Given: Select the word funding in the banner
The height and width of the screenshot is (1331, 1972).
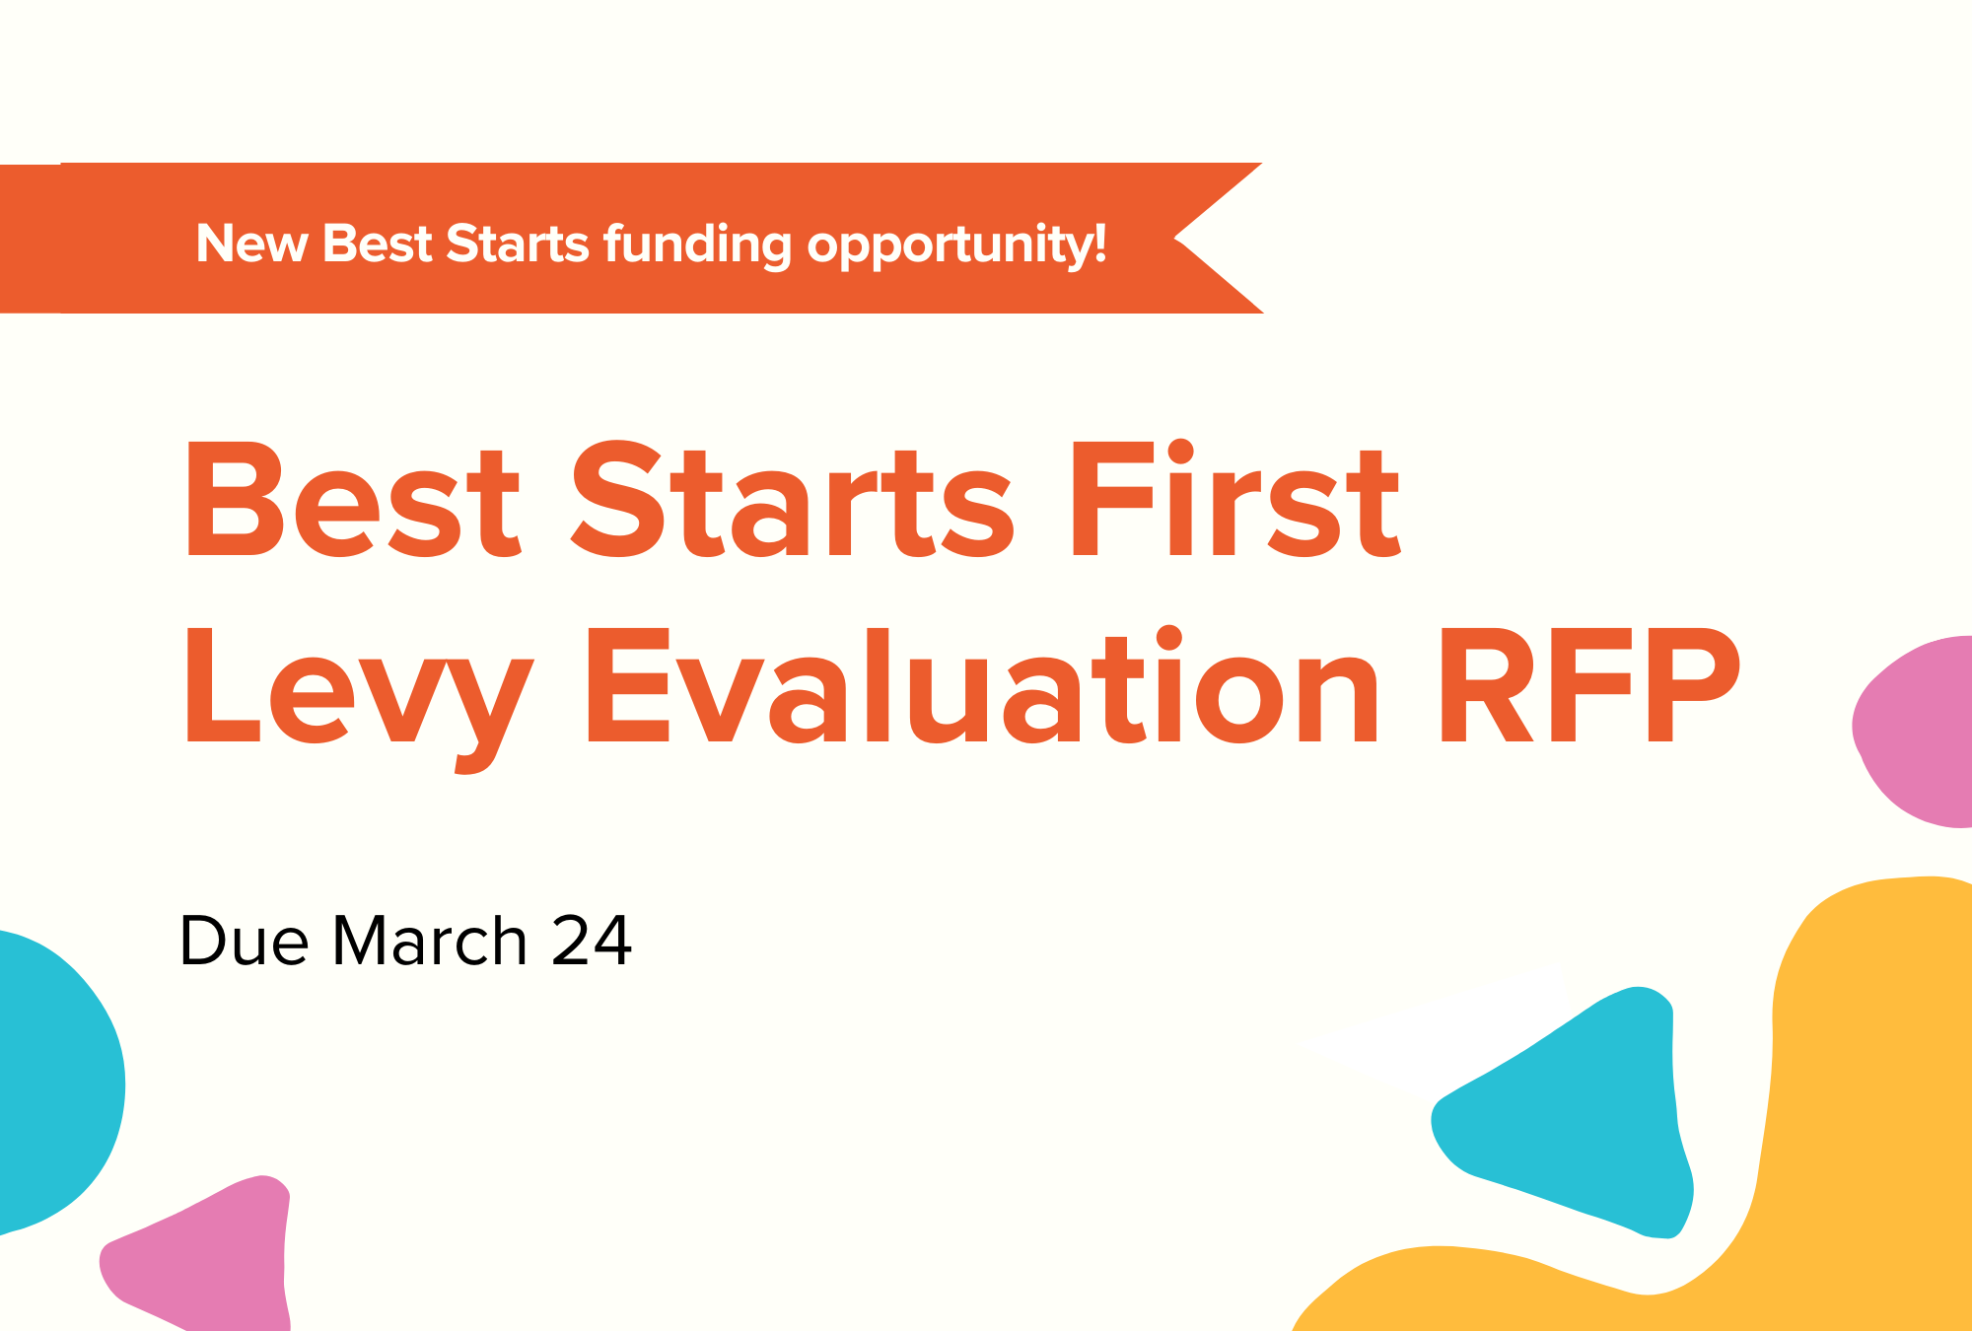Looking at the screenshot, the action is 697,245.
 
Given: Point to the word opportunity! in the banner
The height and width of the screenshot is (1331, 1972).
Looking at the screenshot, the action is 956,245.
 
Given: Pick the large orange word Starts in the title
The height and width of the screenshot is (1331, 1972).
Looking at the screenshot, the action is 792,499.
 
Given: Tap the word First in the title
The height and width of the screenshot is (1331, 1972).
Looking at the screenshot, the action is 1235,499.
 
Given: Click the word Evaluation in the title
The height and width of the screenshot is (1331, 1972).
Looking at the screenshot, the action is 982,684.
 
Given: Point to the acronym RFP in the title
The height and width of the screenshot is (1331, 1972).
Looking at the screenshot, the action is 1589,684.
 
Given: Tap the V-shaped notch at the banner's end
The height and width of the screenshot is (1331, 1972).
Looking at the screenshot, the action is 1175,238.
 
